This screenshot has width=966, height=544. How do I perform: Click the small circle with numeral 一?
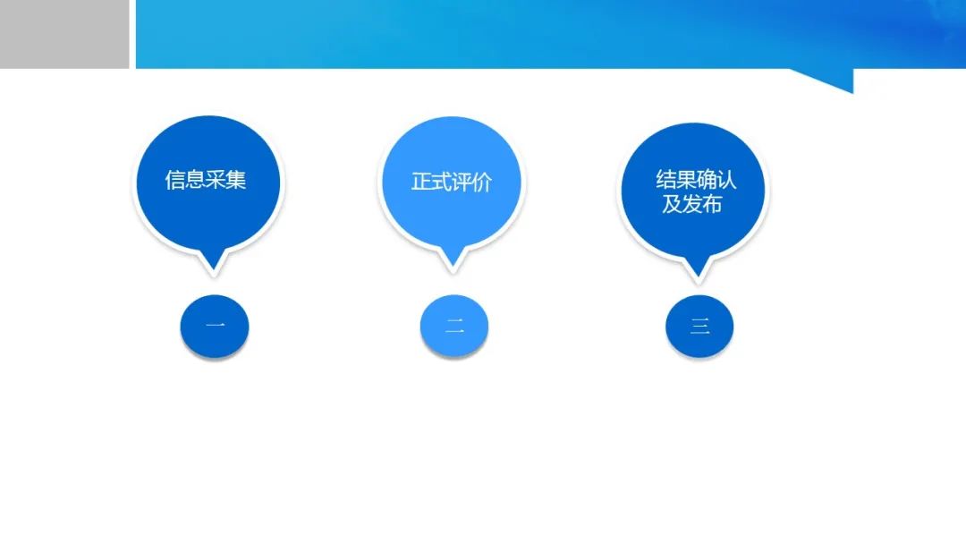(215, 326)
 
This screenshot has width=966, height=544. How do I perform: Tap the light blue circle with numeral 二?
(454, 326)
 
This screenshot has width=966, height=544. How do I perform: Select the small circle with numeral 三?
(699, 326)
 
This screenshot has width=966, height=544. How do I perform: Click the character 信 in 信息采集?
(175, 180)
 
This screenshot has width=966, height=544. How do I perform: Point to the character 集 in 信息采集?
(236, 180)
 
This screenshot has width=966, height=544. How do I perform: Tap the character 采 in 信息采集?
(216, 180)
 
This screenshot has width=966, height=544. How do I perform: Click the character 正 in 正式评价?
(421, 182)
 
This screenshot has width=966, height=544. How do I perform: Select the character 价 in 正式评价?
(482, 182)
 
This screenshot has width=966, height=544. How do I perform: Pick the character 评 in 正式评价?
(462, 182)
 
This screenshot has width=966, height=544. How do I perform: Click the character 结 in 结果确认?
(666, 179)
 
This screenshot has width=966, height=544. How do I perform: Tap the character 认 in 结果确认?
(727, 179)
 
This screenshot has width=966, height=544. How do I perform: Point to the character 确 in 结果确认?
(707, 179)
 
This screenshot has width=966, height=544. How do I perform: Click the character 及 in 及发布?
(672, 204)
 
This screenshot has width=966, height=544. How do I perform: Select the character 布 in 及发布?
(712, 204)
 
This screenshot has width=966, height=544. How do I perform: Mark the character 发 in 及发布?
(691, 204)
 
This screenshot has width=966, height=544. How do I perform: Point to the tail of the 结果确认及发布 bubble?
(699, 276)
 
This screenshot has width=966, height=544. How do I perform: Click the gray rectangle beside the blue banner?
(64, 34)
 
